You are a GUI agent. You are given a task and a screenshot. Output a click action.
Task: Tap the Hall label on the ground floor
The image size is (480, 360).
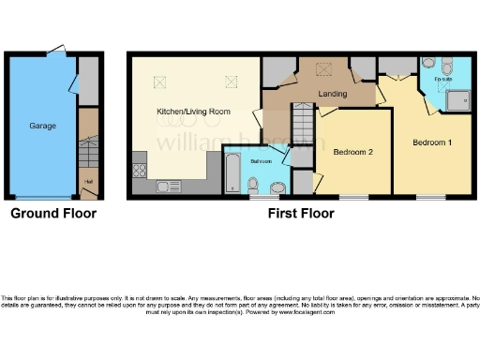pos(89,181)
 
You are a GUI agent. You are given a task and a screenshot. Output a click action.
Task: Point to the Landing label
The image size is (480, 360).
pos(333,94)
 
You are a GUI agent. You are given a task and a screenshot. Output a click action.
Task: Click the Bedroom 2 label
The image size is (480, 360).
pos(353,150)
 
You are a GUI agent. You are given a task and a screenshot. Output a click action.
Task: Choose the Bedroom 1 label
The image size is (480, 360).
pos(433,142)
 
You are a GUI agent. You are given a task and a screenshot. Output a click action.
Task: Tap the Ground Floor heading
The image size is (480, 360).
pos(52,214)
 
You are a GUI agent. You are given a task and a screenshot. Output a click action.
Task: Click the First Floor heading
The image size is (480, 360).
pos(300,214)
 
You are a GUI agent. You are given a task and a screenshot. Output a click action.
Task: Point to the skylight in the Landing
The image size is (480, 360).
pos(325,67)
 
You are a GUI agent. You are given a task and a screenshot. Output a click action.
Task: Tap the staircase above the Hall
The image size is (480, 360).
pos(87,148)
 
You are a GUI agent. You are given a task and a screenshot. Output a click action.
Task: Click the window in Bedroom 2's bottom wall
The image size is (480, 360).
pos(353,197)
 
